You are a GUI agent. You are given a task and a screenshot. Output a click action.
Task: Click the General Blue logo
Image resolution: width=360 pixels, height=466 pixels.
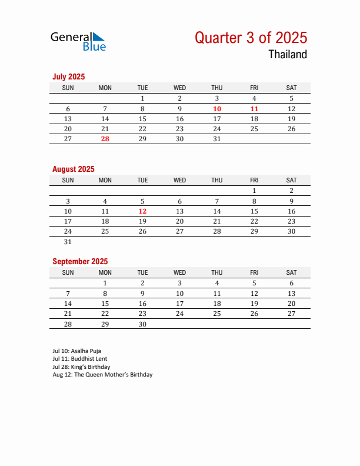78,41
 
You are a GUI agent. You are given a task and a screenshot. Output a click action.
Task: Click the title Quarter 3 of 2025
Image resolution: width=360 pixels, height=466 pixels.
251,38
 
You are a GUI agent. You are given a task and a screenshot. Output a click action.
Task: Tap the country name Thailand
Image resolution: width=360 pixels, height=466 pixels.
288,55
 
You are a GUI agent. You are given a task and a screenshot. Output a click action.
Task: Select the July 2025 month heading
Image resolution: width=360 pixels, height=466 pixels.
69,76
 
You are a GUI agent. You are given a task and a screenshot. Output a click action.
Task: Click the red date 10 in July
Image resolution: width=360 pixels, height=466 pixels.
217,109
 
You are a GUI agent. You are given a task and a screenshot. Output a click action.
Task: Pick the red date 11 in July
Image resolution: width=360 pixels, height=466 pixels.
254,109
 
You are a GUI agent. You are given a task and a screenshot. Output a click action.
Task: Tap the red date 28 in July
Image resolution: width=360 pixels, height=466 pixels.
105,139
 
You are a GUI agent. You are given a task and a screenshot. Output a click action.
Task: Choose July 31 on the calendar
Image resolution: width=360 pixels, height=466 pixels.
217,139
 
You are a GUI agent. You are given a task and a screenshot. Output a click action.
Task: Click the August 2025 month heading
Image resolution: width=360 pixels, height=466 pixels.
74,169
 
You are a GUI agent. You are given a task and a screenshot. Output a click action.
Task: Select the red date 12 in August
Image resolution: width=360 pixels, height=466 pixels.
142,211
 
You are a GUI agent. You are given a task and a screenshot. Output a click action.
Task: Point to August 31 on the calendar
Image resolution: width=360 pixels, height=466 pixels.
68,242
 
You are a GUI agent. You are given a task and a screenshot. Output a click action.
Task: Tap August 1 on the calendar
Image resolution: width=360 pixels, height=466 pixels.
254,191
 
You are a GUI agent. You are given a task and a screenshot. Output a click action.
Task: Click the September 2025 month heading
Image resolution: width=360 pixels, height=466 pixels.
80,261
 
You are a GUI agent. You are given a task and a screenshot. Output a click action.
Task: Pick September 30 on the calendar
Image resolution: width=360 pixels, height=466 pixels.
142,324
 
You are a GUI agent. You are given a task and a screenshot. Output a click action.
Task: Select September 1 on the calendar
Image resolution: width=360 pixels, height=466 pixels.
105,283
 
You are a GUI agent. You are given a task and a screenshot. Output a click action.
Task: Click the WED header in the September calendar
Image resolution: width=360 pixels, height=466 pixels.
180,272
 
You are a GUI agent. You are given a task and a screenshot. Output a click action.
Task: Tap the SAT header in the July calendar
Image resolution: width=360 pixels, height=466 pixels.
291,88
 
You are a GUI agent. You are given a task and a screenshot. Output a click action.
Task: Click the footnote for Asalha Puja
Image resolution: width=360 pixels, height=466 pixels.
77,351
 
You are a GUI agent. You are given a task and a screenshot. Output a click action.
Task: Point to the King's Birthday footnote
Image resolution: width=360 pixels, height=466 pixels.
81,367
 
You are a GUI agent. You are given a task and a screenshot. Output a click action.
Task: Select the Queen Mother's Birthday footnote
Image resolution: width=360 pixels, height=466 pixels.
102,374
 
